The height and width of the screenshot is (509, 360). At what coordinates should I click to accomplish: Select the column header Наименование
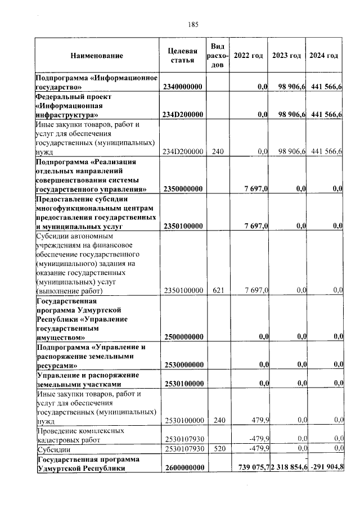[97, 56]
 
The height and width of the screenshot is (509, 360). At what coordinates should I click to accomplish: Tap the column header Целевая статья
[183, 56]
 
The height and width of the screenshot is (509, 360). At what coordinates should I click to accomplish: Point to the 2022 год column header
[249, 56]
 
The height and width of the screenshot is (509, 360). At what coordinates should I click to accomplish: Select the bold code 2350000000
[183, 188]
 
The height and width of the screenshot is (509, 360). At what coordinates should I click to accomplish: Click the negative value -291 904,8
[326, 468]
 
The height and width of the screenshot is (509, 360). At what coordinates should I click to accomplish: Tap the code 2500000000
[183, 336]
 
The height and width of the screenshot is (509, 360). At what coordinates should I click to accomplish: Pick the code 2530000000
[183, 365]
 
